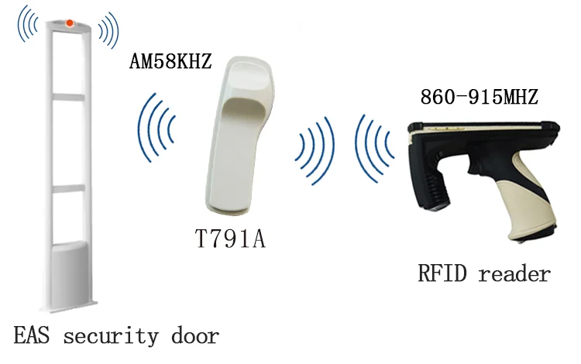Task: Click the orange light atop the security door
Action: point(70,22)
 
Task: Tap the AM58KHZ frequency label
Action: point(170,62)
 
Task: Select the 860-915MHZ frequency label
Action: point(479,98)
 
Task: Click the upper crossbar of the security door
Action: point(69,96)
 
